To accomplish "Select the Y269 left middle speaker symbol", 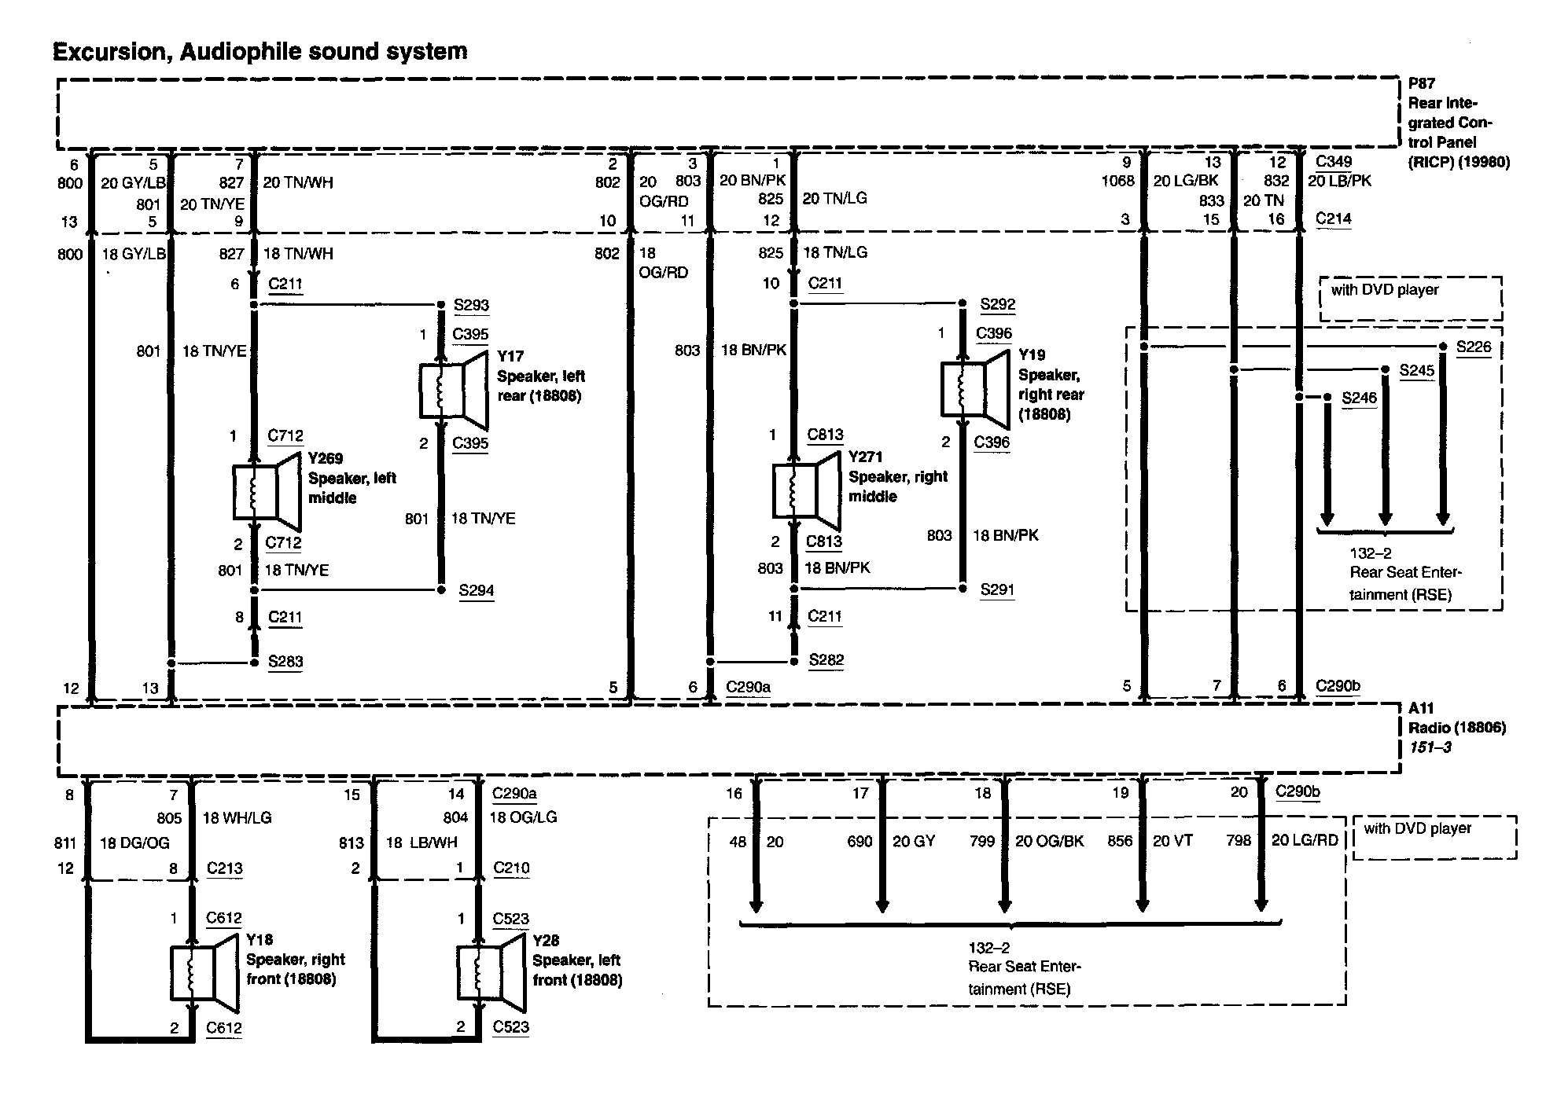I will tap(266, 491).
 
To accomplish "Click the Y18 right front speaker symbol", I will tap(204, 972).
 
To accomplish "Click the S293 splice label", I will tap(470, 305).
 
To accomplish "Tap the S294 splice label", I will tap(476, 590).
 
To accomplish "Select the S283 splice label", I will tap(285, 662).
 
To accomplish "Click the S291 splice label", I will tap(997, 589).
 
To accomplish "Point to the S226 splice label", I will tap(1473, 347).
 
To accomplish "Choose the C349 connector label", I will tap(1334, 162).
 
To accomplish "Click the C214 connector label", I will tap(1334, 218).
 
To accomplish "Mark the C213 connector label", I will tap(224, 868).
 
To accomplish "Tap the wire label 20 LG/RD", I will tap(1305, 841).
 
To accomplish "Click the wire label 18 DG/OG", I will tap(134, 843).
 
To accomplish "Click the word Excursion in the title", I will tap(111, 52).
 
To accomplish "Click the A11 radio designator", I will tap(1420, 709).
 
